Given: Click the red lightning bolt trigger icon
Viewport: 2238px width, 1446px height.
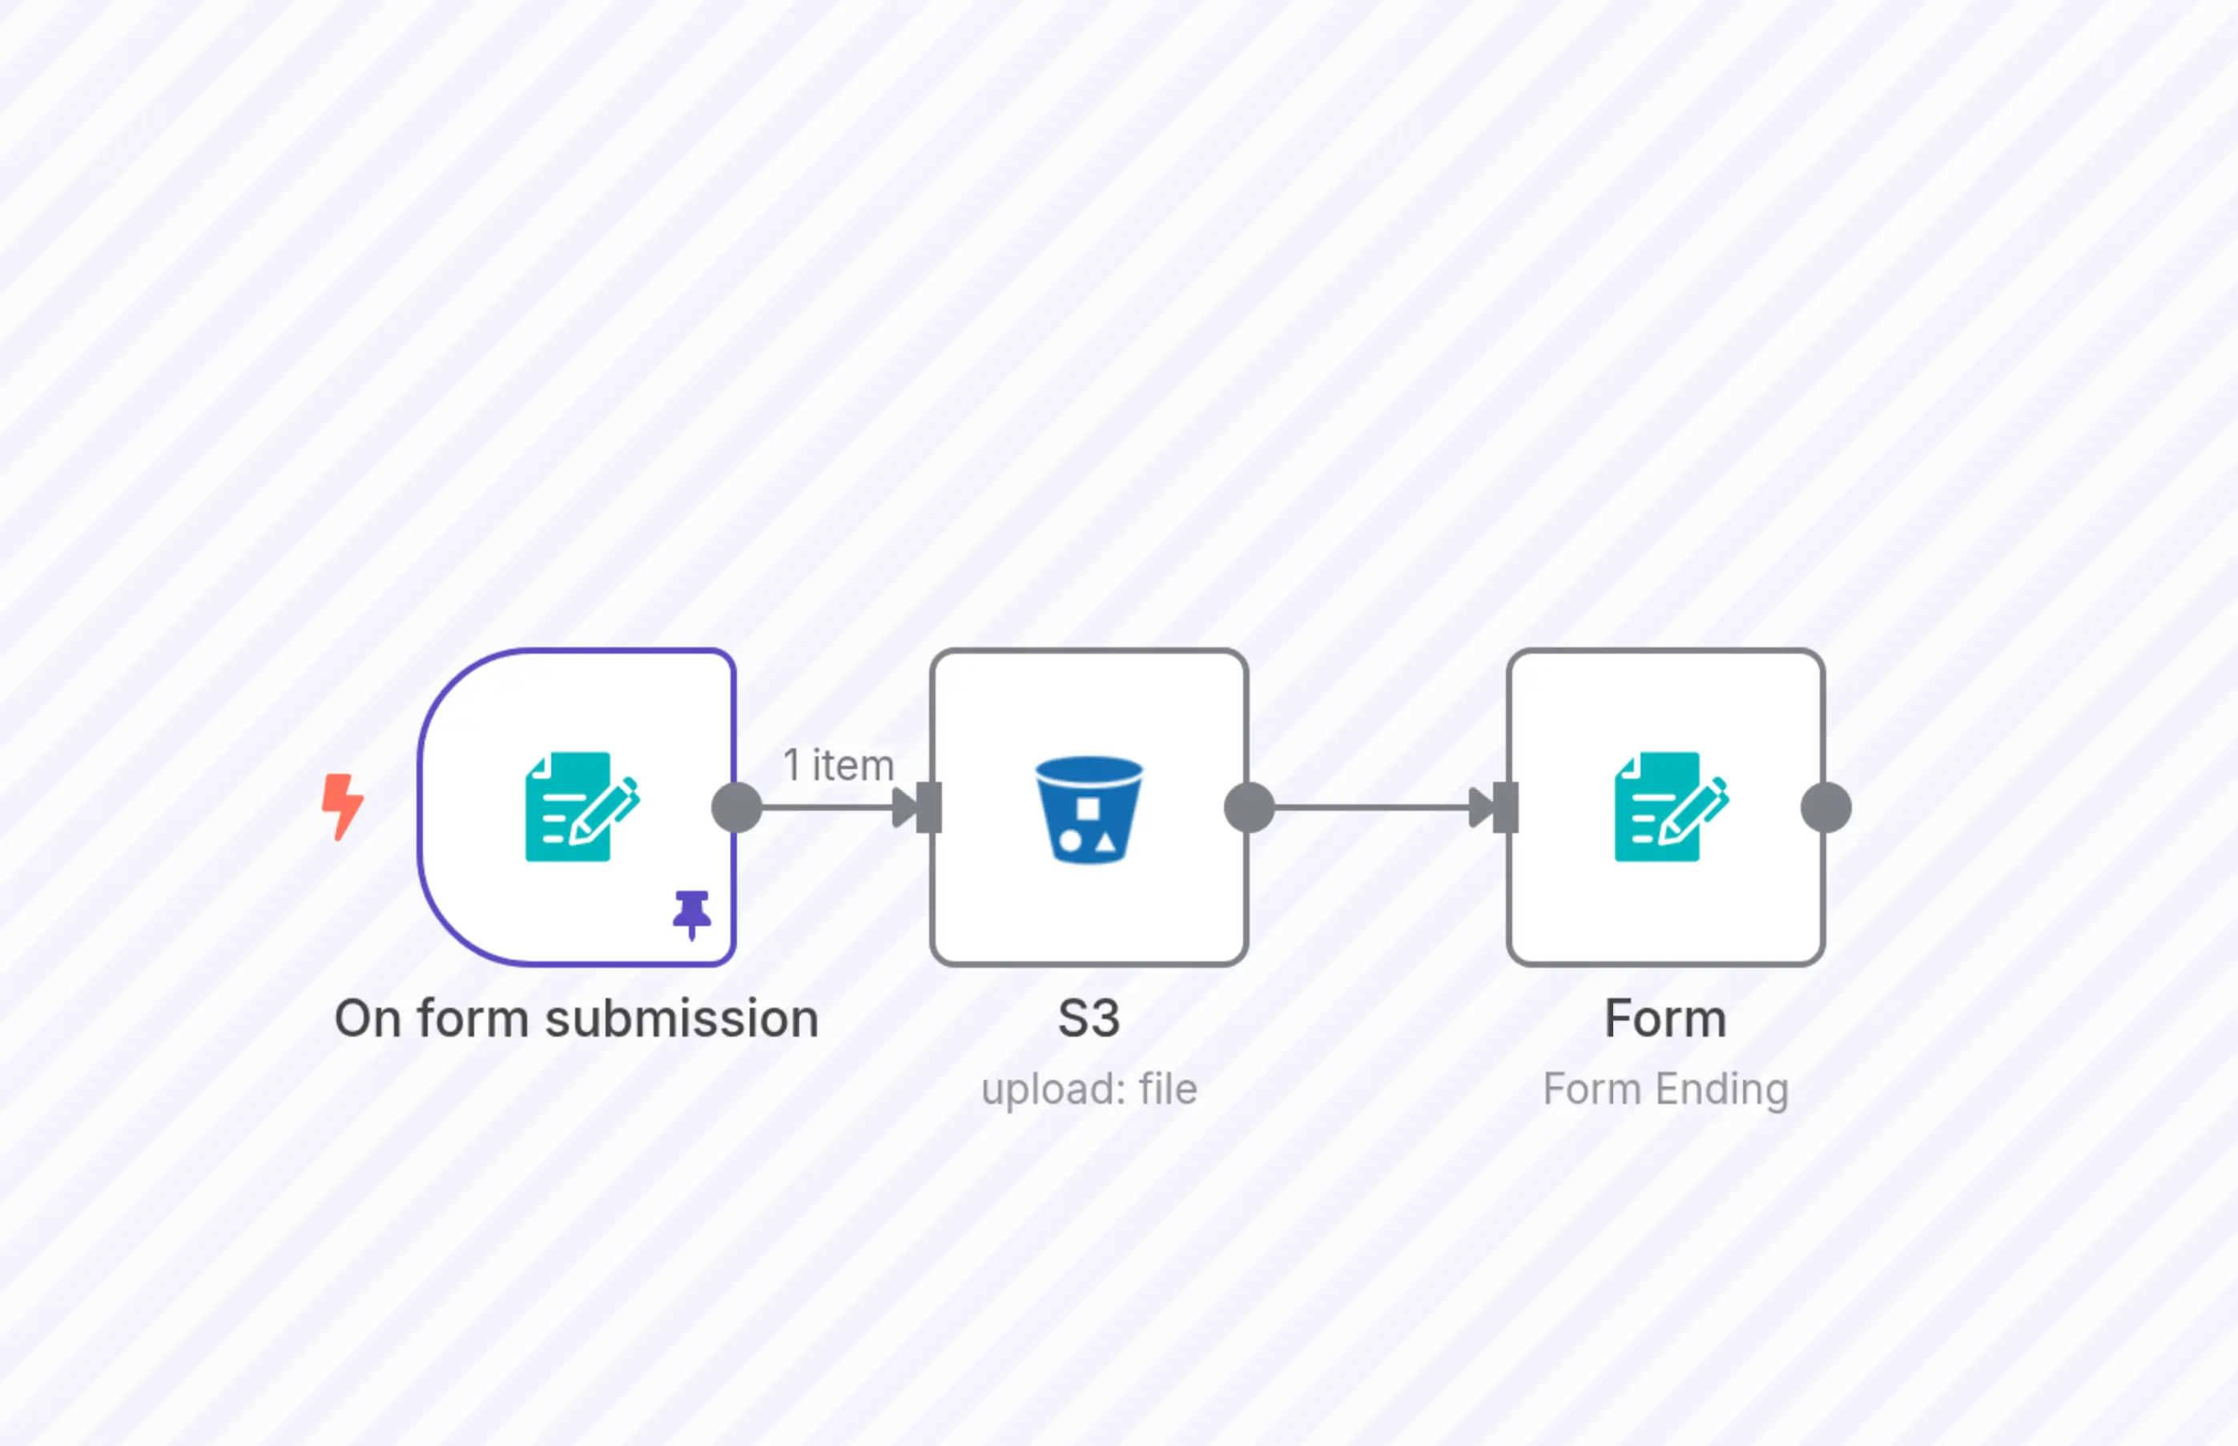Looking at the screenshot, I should pos(342,806).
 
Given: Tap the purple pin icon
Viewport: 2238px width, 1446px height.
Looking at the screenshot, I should pos(692,913).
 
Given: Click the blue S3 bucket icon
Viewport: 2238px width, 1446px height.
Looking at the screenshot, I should pos(1089,809).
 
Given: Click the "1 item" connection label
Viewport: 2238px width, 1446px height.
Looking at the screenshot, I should pos(839,765).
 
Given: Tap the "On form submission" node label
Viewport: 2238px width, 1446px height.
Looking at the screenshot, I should pos(577,1019).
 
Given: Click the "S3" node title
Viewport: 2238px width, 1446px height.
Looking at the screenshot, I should pos(1089,1019).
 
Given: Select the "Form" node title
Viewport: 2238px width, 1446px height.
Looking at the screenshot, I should pos(1665,1019).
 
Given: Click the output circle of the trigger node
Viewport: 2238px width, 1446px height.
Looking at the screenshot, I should pos(737,808).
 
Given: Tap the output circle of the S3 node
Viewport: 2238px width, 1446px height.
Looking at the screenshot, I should pos(1250,808).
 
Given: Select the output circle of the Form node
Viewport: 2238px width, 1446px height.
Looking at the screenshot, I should pos(1826,808).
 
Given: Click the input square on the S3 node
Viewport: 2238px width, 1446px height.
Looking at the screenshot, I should pos(929,808).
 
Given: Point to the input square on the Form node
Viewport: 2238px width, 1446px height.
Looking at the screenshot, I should pos(1506,808).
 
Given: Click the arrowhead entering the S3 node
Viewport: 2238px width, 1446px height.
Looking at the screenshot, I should pos(904,808).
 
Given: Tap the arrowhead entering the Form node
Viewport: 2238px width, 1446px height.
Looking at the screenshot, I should pos(1480,808).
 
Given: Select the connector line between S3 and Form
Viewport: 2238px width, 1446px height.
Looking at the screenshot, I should pos(1371,808).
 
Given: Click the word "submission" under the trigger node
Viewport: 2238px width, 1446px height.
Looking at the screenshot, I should pos(682,1019).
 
